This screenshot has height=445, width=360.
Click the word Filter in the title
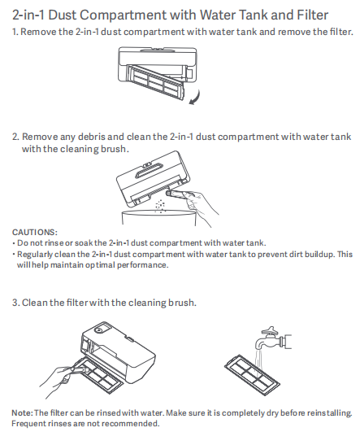(x=312, y=15)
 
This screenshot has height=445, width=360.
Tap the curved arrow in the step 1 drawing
(x=195, y=98)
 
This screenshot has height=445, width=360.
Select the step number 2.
(x=15, y=137)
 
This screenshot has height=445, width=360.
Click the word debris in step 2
(x=92, y=137)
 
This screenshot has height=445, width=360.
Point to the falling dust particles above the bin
(x=160, y=206)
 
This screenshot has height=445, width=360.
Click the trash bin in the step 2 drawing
(x=158, y=218)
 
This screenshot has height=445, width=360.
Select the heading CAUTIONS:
(x=35, y=232)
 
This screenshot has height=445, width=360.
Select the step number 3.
(x=15, y=303)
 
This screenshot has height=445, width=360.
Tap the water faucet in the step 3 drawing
(x=274, y=338)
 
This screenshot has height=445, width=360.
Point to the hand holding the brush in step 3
(x=60, y=380)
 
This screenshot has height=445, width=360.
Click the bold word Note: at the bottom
(x=23, y=412)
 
